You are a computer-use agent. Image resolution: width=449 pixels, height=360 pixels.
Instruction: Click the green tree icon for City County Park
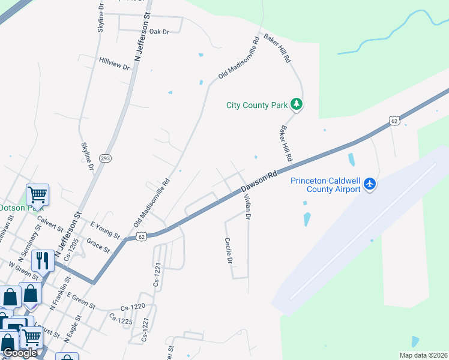296,104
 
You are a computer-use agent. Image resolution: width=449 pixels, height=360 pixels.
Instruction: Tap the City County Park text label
257,105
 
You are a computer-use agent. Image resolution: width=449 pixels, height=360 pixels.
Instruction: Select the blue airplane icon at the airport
370,184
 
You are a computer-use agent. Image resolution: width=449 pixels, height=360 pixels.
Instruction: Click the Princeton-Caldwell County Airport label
325,185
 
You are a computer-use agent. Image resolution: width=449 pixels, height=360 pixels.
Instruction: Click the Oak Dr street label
159,32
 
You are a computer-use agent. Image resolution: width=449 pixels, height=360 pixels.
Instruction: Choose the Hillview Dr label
115,63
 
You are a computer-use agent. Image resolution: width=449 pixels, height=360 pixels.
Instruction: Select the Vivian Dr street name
246,207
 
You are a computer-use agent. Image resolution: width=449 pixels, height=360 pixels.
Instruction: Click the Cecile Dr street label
228,250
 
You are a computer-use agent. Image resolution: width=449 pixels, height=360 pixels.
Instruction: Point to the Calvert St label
50,223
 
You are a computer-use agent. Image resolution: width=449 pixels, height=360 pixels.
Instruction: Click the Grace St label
98,245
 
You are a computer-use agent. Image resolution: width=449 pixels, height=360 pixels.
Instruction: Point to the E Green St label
81,300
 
